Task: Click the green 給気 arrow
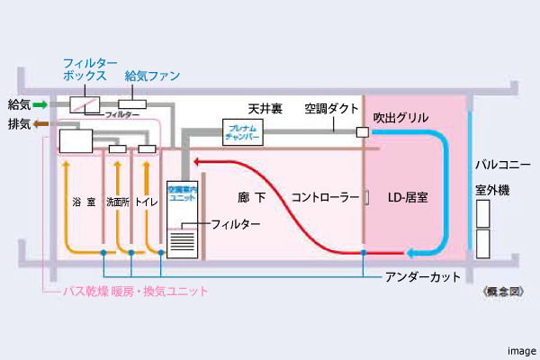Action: (x=40, y=104)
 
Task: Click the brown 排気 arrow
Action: (x=40, y=123)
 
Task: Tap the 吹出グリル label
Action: (x=400, y=118)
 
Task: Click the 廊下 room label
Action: (x=256, y=196)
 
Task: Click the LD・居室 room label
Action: (x=407, y=196)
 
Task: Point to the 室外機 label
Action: (x=492, y=191)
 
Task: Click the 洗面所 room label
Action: (x=118, y=202)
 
